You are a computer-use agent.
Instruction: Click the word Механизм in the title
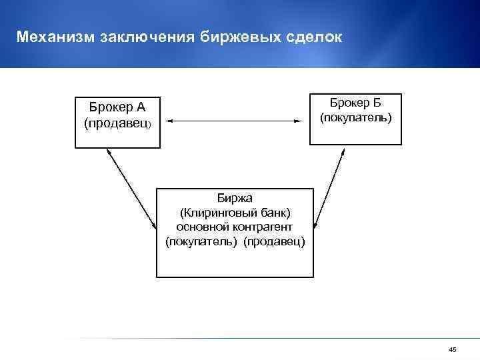[55, 37]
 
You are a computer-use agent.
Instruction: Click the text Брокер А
[117, 107]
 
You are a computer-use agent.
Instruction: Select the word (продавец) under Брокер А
[117, 123]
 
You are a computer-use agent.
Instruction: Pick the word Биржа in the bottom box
[234, 197]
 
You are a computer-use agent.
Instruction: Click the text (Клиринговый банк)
[235, 212]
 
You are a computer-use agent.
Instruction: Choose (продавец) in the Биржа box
[274, 241]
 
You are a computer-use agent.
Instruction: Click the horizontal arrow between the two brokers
[232, 121]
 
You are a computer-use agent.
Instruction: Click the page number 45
[453, 350]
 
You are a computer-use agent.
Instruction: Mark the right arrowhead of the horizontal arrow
[296, 121]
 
